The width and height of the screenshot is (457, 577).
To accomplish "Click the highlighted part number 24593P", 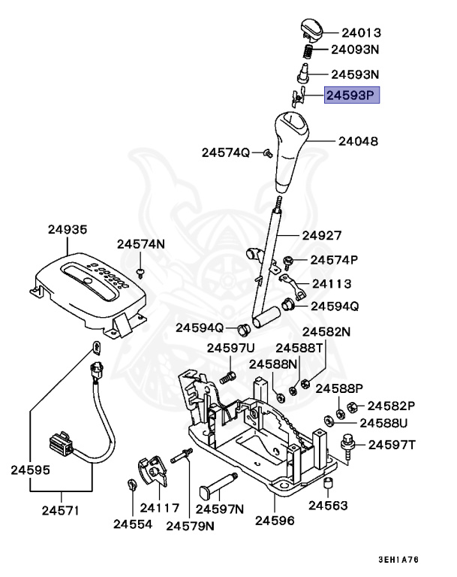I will [x=352, y=95].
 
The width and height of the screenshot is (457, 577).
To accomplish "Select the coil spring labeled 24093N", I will [x=308, y=51].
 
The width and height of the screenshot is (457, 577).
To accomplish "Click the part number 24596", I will [x=274, y=520].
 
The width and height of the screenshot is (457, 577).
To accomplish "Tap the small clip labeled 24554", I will [x=132, y=485].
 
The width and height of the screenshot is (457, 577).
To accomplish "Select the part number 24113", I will [x=332, y=284].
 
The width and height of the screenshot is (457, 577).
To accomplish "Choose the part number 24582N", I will [x=326, y=332].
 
